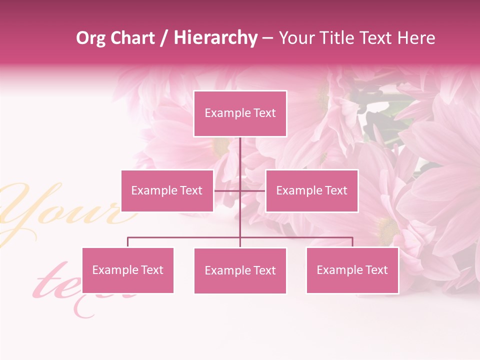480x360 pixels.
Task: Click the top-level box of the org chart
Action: coord(240,113)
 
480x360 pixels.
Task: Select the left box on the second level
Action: coord(167,190)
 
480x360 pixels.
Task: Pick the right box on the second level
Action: coord(311,190)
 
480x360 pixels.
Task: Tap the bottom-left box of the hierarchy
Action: coord(127,270)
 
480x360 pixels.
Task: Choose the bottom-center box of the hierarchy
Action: coord(240,270)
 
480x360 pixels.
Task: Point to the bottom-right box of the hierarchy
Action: coord(352,270)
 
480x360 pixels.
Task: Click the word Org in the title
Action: coord(90,38)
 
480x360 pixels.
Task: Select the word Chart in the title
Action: coord(132,38)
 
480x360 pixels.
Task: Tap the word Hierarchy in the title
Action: coord(215,38)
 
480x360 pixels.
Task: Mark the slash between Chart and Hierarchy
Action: coord(164,38)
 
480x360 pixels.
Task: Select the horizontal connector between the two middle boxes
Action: coord(252,190)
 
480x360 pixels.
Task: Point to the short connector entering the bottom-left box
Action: coord(127,242)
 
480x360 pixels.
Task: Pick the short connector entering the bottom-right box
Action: coord(352,242)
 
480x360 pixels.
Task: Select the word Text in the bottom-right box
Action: coord(376,270)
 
